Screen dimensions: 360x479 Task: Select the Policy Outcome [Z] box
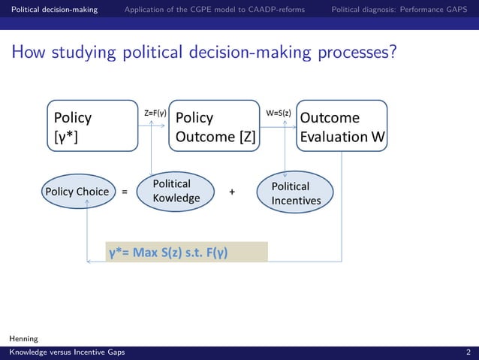(x=215, y=126)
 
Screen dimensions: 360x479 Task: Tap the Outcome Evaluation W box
(x=342, y=126)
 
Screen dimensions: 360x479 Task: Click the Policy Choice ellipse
(x=77, y=192)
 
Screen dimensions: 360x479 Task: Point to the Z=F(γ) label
(x=155, y=113)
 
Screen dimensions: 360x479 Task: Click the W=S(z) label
(x=279, y=113)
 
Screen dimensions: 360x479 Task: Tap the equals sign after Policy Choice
(x=125, y=192)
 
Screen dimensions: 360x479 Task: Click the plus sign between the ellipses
(x=232, y=192)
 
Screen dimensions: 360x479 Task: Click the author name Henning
(x=23, y=340)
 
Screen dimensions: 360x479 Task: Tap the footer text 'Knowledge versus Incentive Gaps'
(x=67, y=352)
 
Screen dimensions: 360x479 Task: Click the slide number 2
(x=468, y=352)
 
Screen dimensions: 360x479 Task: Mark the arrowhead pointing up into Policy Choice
(x=88, y=210)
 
